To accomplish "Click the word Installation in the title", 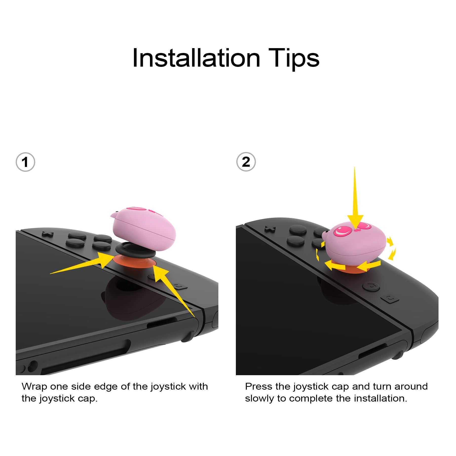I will [196, 58].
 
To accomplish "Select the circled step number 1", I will [25, 162].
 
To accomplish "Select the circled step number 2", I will [246, 162].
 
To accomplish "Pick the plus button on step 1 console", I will [48, 234].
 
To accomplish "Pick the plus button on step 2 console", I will [270, 229].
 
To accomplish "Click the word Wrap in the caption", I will [34, 387].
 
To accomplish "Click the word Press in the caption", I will [259, 387].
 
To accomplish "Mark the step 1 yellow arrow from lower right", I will [175, 291].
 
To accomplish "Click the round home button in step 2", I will [371, 286].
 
